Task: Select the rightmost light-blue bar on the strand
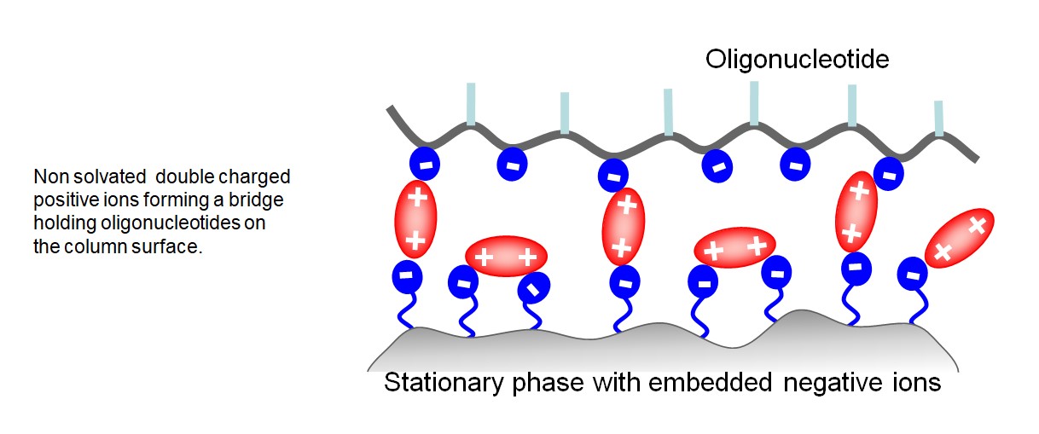938,119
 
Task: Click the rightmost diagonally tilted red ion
959,238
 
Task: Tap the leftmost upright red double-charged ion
415,218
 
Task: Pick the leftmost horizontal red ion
505,255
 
